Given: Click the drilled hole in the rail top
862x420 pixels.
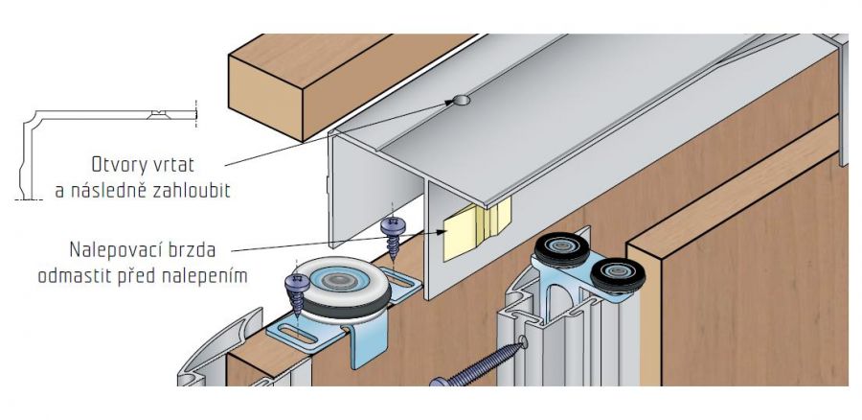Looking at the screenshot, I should coord(462,100).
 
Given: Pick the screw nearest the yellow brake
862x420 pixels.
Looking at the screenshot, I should coord(393,227).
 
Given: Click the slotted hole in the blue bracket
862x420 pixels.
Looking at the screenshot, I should coord(297,337).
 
